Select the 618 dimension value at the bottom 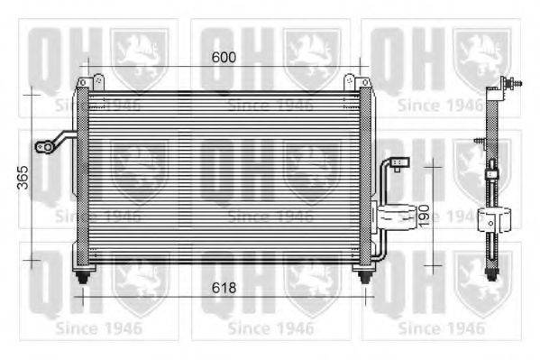[x=224, y=288]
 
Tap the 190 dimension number [x=422, y=215]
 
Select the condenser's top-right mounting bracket [x=364, y=83]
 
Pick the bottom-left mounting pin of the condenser [x=84, y=274]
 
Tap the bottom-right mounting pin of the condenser [x=365, y=274]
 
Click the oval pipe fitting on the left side [x=41, y=146]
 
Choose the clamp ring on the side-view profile [x=493, y=217]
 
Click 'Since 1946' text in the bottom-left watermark [x=98, y=328]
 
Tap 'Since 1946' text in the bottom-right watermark [x=442, y=328]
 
